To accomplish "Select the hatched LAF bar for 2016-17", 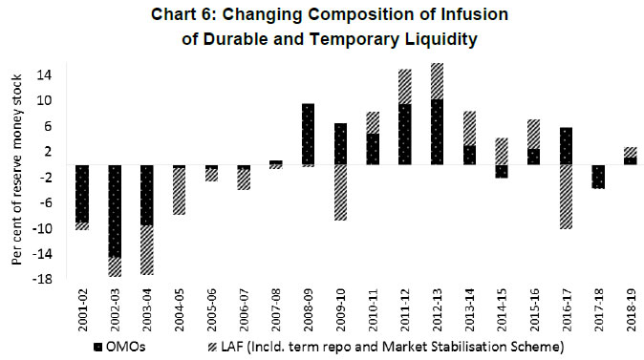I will (x=567, y=197).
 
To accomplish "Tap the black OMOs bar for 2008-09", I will (x=309, y=134).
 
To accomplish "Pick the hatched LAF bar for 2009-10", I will (x=341, y=192).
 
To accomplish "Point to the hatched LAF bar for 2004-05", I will (x=180, y=191).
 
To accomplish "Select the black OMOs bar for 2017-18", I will (x=599, y=177).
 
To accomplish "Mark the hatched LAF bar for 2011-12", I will (x=405, y=87).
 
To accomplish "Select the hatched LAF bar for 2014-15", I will (x=502, y=151).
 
